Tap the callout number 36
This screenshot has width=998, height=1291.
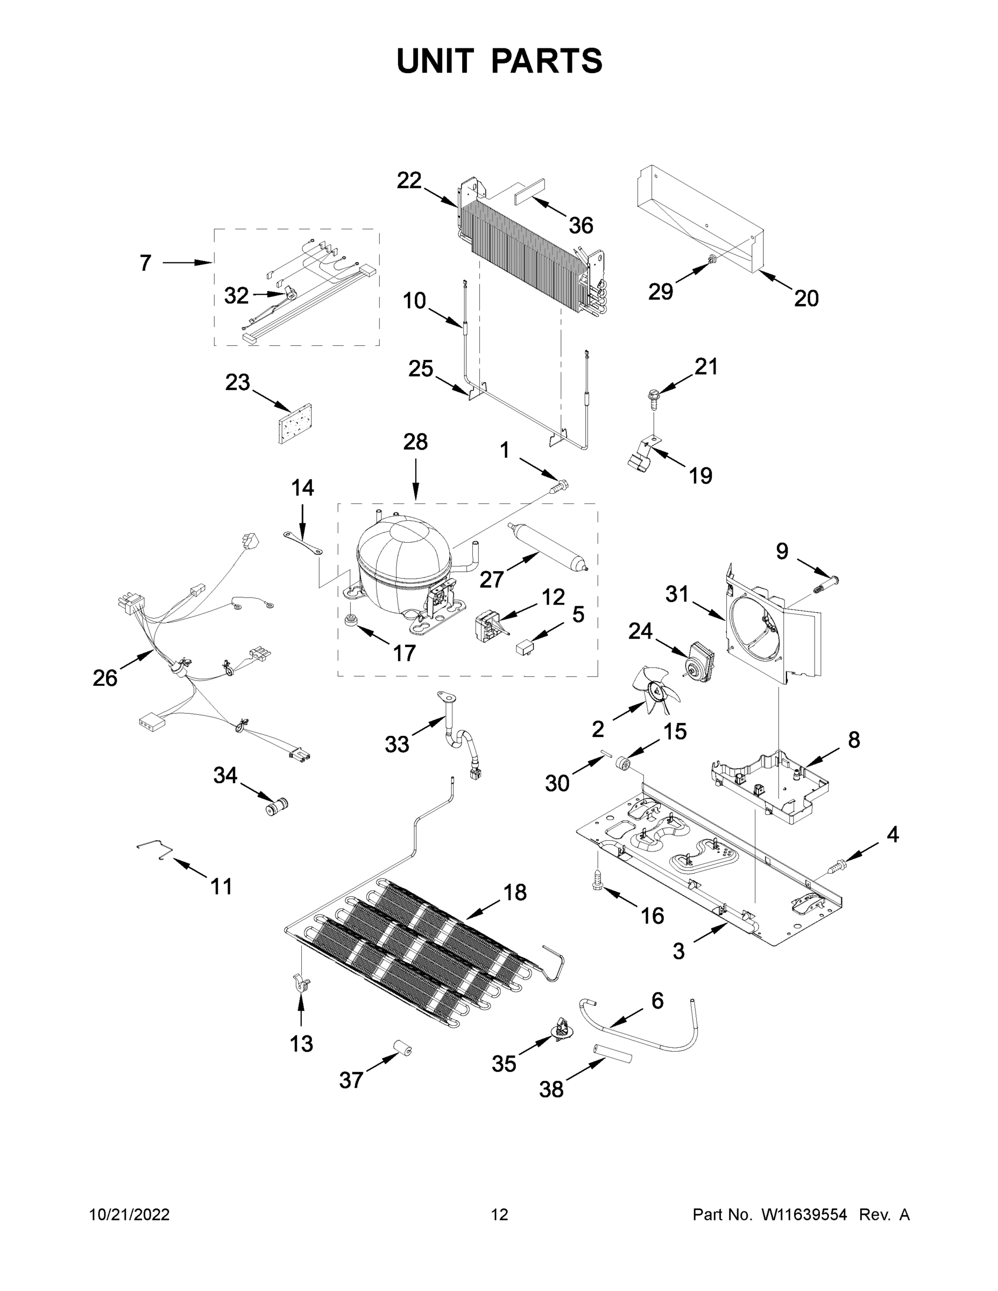(x=581, y=225)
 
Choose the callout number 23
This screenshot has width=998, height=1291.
(x=237, y=382)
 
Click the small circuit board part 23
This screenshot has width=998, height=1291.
(x=295, y=423)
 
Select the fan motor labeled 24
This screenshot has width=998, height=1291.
(x=699, y=659)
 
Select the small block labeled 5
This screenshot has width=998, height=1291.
(x=525, y=647)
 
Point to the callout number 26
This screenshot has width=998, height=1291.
(x=105, y=678)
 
